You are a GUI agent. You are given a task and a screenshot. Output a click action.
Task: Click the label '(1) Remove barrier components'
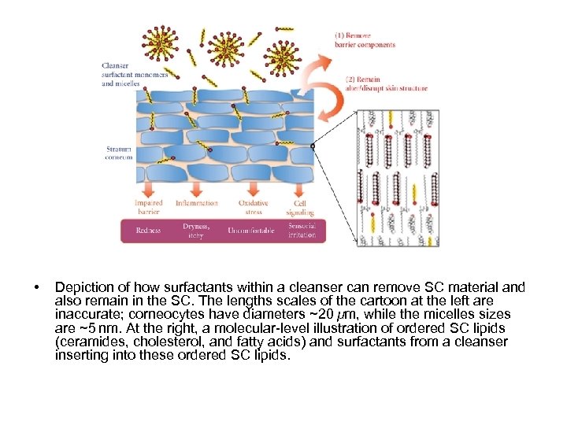[x=365, y=39]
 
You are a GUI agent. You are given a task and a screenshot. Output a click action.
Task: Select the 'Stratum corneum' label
[x=119, y=152]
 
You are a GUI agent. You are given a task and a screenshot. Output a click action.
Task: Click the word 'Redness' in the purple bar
[x=148, y=231]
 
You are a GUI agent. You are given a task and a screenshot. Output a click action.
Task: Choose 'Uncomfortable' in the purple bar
[x=251, y=231]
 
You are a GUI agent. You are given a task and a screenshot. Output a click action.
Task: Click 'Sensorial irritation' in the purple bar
[x=302, y=231]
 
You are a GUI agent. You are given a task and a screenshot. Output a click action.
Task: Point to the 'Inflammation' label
[x=196, y=204]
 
